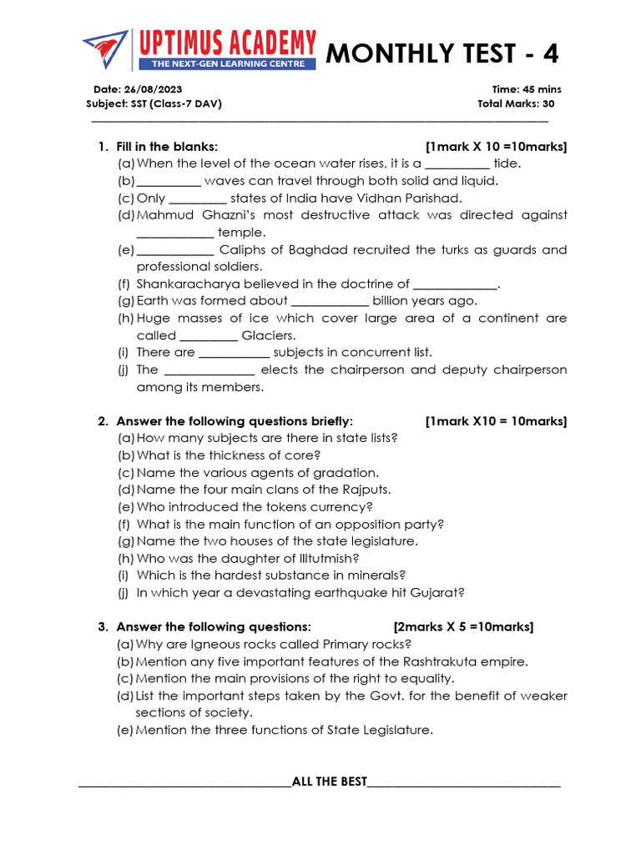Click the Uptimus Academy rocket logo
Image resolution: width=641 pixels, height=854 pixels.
pos(105,51)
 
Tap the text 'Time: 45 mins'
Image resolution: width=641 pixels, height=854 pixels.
pos(527,89)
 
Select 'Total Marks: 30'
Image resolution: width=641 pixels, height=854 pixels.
pos(515,104)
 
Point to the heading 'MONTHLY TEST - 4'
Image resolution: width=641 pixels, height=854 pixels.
pos(442,54)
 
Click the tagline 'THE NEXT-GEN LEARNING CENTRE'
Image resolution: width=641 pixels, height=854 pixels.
pos(227,63)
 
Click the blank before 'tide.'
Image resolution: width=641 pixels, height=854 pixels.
pos(457,164)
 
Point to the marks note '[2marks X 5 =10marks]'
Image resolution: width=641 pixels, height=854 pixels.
pos(463,627)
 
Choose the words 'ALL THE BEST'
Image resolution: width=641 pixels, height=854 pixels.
pos(330,781)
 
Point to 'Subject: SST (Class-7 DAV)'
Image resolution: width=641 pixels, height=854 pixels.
pos(154,104)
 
